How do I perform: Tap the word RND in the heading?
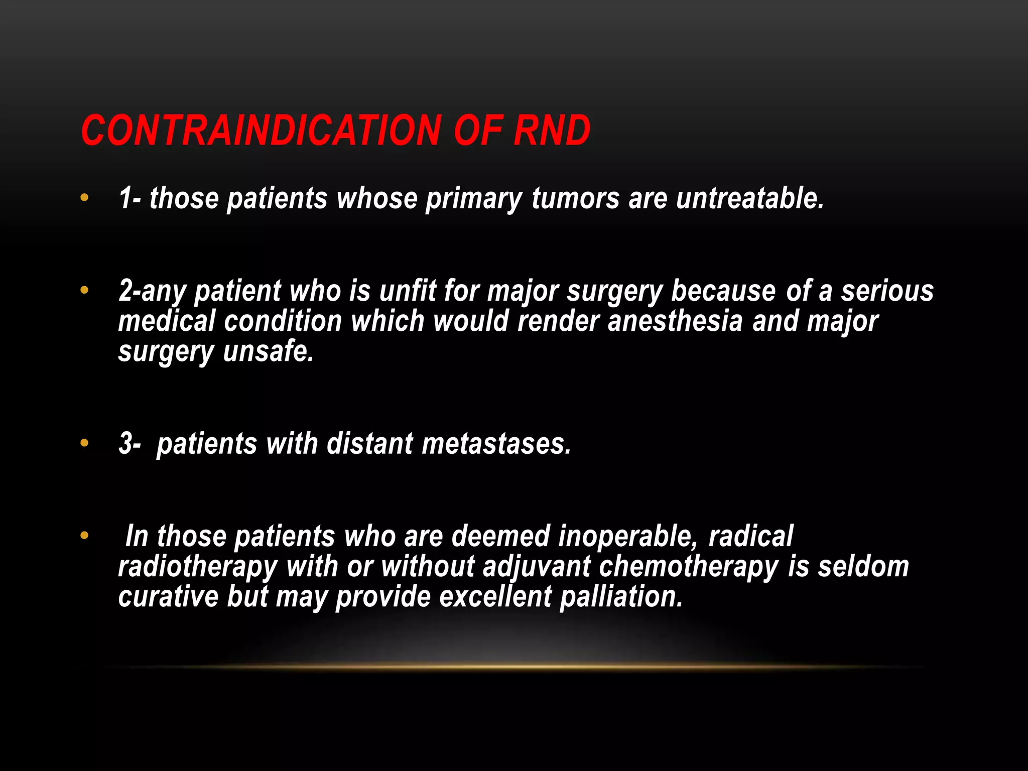(552, 131)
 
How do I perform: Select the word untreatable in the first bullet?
(750, 198)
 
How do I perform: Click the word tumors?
(575, 198)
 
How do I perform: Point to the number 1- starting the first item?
(130, 198)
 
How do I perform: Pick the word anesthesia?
(675, 321)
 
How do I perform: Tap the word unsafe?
(269, 351)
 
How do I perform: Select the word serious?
(887, 291)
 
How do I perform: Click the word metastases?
(496, 444)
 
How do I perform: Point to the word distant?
(370, 444)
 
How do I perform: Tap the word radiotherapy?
(198, 567)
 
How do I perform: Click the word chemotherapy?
(689, 567)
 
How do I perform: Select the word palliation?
(621, 597)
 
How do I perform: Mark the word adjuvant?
(537, 567)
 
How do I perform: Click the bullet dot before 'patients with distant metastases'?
(84, 443)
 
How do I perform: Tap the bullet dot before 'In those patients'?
(84, 536)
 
